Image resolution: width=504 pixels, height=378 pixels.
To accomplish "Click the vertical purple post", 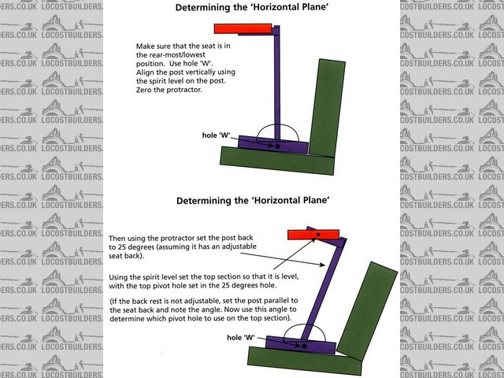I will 276,87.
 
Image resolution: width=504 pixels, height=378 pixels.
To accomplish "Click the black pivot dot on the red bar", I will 317,234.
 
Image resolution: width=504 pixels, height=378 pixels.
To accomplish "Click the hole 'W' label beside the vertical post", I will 217,135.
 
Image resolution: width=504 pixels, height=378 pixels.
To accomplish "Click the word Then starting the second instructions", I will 118,237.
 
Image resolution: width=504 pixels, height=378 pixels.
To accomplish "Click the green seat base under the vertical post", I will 268,157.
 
